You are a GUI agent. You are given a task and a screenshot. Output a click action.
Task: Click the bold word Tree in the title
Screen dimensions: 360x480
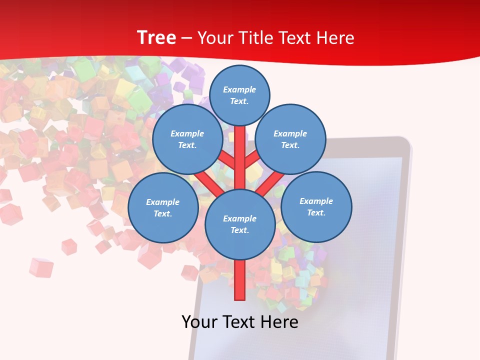[156, 37]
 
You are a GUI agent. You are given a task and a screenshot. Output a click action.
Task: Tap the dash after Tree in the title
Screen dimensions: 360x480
[186, 38]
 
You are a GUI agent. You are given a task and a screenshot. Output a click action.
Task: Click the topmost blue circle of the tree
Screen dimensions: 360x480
[239, 95]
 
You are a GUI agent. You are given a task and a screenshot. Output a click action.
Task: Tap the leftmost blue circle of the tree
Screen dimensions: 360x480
[163, 207]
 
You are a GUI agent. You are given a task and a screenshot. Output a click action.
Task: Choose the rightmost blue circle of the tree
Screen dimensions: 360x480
[316, 206]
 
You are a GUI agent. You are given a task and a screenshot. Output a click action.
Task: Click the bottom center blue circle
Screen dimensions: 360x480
[239, 224]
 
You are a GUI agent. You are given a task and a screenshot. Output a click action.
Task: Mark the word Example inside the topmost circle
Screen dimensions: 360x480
[239, 89]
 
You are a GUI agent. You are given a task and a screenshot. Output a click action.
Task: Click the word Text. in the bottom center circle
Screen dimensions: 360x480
[239, 230]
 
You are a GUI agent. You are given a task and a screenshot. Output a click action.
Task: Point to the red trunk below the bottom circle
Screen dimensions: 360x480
[239, 280]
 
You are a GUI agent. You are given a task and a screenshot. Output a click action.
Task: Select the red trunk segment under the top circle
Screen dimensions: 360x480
[239, 150]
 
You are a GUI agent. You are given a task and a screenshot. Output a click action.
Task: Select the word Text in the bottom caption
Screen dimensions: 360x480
[239, 321]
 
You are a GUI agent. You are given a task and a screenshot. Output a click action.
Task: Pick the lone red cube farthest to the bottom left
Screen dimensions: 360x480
[40, 267]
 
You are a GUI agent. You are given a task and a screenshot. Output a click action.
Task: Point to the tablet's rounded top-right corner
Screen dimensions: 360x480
[406, 142]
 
